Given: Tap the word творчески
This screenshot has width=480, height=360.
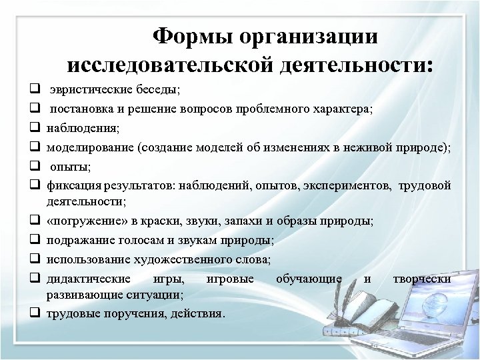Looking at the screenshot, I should (423, 278).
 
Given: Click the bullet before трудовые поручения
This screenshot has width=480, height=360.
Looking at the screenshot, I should (32, 311).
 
